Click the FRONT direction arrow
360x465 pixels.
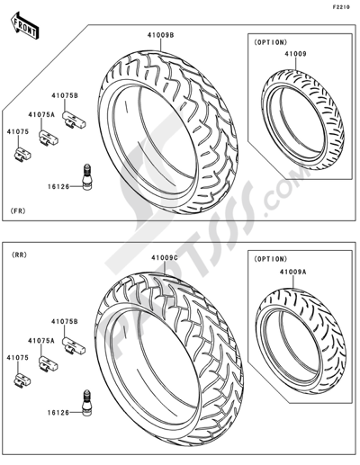(25, 25)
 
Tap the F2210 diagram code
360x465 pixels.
(341, 7)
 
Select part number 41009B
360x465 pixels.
(160, 35)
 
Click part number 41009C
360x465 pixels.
(165, 258)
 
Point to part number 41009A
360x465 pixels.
(293, 272)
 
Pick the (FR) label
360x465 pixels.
(18, 211)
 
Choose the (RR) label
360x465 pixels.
(19, 255)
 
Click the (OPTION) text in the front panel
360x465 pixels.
(271, 42)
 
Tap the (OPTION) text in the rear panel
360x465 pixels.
(271, 258)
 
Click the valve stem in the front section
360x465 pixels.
(86, 177)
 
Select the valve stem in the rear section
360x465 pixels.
(86, 403)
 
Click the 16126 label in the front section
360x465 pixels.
(58, 187)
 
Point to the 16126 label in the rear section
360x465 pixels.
(58, 413)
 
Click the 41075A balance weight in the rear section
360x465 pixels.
(48, 364)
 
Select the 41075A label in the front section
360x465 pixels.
(41, 114)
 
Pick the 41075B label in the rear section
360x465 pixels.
(65, 321)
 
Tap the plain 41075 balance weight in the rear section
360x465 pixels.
(22, 380)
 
